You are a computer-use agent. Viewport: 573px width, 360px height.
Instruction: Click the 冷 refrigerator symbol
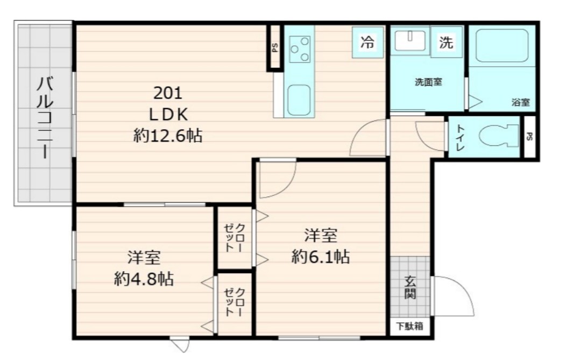coord(367,43)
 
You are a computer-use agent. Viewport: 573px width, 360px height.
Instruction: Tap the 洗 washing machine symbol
coord(446,42)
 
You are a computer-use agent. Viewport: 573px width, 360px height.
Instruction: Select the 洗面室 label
coord(428,83)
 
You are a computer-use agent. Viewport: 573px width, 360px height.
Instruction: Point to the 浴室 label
coord(520,102)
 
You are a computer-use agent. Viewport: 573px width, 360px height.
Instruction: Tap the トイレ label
coord(461,137)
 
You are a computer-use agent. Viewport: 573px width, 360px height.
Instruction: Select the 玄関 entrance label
coord(411,287)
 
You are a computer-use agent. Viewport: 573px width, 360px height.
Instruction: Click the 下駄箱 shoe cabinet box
coord(410,326)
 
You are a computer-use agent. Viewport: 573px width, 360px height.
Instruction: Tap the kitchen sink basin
coord(299,100)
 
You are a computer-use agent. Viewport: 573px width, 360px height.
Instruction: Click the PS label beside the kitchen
coord(275,47)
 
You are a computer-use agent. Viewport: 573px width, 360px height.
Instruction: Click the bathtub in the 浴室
coord(503,46)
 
